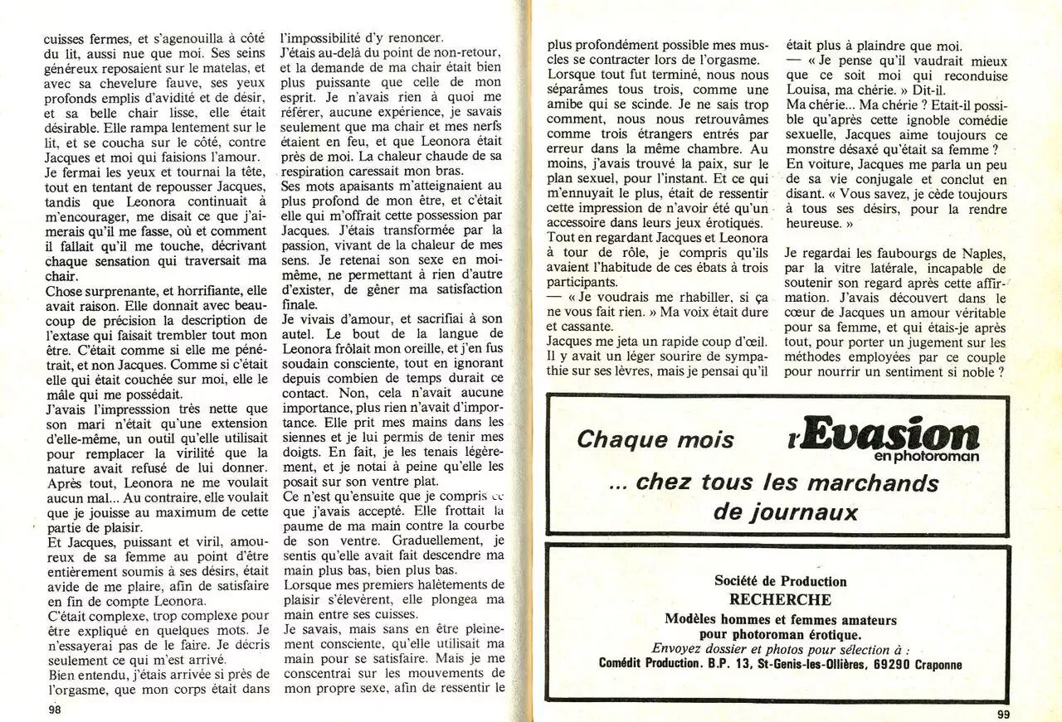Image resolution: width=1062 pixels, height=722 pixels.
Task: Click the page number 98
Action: tap(56, 710)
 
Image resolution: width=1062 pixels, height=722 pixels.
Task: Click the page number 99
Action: tap(1002, 714)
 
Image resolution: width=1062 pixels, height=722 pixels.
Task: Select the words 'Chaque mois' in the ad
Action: tap(655, 439)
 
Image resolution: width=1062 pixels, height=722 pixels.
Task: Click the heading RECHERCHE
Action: tap(780, 599)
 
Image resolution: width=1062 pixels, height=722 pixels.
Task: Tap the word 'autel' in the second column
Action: tap(299, 334)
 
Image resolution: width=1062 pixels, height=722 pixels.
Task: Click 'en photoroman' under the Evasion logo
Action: tap(926, 456)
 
